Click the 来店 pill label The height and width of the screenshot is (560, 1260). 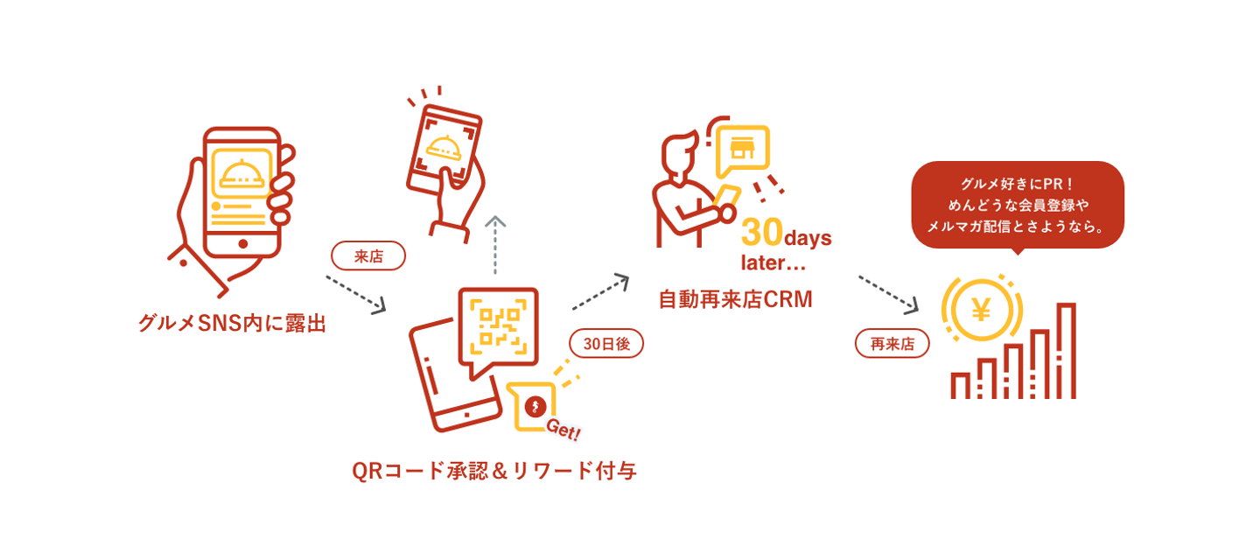click(x=368, y=255)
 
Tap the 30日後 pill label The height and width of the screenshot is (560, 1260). click(x=606, y=343)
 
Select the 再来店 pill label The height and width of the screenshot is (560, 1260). click(x=892, y=343)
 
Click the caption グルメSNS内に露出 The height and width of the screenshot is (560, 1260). click(x=232, y=323)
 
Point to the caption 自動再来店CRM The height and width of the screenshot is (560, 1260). click(x=735, y=299)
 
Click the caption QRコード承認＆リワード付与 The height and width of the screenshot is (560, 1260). click(x=493, y=471)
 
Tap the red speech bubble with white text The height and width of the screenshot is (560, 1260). click(x=1017, y=205)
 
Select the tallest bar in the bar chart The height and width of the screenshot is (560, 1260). click(x=1066, y=351)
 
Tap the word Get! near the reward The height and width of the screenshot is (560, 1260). click(x=563, y=428)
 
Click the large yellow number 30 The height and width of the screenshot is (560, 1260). click(x=761, y=234)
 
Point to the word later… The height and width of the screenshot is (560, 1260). click(x=773, y=262)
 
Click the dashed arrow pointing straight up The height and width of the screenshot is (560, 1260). click(x=496, y=244)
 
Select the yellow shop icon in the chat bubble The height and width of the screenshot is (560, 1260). click(x=742, y=147)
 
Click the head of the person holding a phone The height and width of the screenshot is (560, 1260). click(x=676, y=156)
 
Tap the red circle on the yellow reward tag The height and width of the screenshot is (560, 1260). click(x=535, y=406)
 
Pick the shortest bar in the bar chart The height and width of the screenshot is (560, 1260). click(x=960, y=386)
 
